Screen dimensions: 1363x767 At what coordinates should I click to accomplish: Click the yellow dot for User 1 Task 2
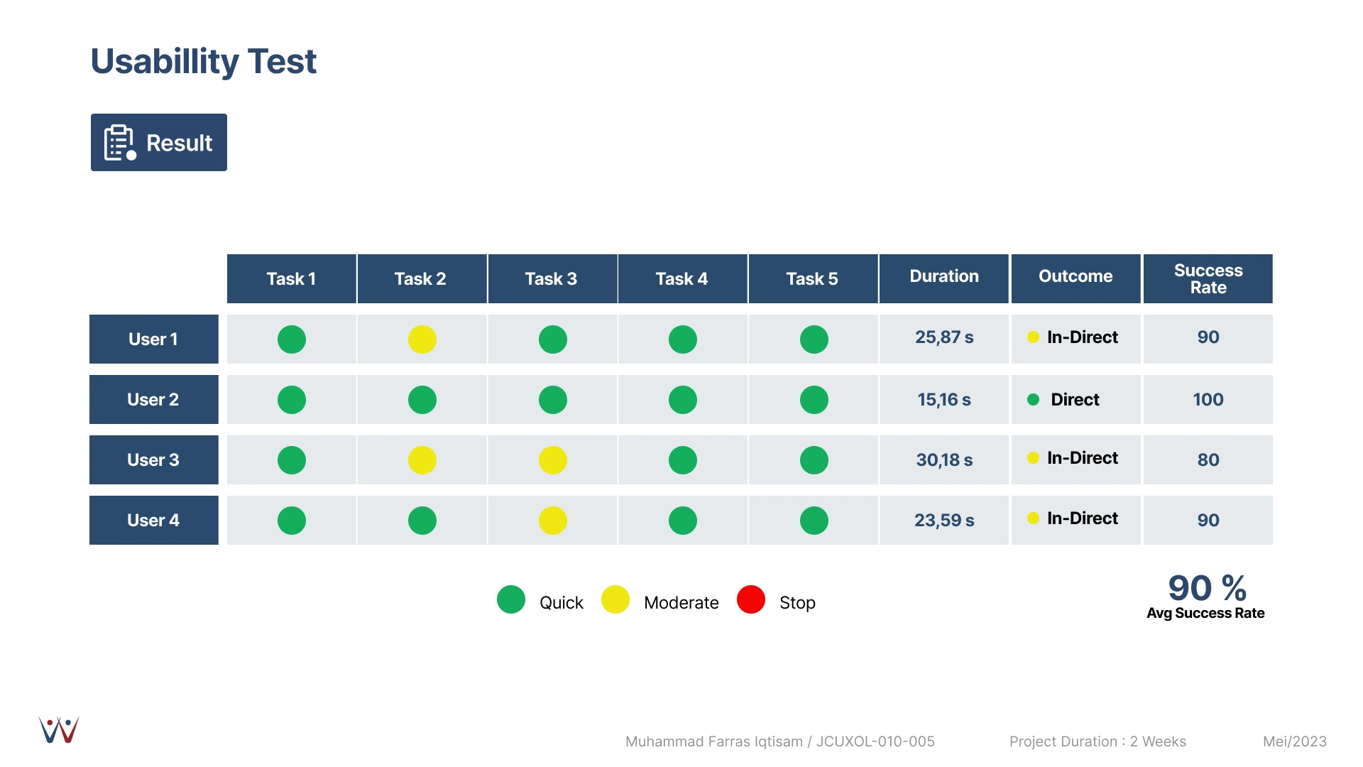coord(422,339)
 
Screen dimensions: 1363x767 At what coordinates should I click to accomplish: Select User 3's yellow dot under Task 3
coord(553,460)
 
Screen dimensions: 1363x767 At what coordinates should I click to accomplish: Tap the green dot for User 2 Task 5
coord(814,400)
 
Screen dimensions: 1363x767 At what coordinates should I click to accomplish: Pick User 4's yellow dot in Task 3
coord(553,521)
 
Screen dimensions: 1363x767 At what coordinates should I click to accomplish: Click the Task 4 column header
coord(682,278)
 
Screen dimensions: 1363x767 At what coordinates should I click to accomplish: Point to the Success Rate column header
coord(1208,278)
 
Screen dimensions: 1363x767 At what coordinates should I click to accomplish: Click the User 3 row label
coord(154,459)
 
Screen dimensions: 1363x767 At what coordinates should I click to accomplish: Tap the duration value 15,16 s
coord(944,400)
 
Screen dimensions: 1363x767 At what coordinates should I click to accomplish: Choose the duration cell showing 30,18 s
coord(944,460)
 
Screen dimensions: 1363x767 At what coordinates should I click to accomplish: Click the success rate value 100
coord(1208,400)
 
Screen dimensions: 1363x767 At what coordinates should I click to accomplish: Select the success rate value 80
coord(1208,460)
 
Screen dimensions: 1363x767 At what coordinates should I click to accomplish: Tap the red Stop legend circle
coord(751,599)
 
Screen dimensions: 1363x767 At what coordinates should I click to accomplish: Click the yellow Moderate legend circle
coord(615,599)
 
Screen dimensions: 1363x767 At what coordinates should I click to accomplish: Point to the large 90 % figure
coord(1208,588)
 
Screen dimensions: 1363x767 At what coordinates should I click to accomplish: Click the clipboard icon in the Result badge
coord(120,143)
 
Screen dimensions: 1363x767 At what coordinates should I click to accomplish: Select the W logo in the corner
coord(59,730)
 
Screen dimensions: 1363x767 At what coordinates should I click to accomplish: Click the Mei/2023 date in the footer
coord(1295,741)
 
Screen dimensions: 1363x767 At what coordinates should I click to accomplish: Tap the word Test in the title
coord(283,61)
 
